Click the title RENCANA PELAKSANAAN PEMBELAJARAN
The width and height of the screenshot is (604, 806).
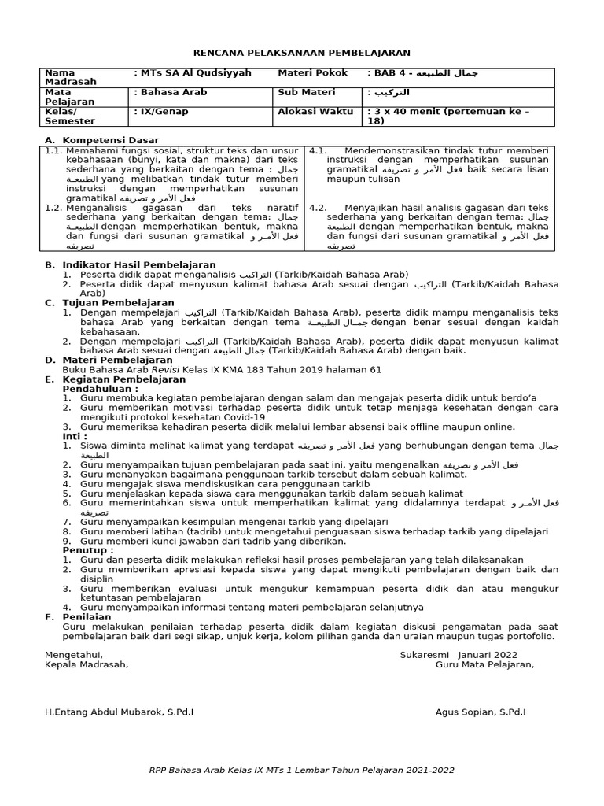pos(302,53)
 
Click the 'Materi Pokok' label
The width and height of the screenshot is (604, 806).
pos(312,72)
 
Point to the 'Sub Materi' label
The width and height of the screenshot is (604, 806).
pos(307,92)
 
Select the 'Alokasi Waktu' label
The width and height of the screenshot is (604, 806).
pos(315,112)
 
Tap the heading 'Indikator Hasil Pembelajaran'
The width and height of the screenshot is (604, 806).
pos(138,264)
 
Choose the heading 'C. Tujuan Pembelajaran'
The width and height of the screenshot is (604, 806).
pos(109,302)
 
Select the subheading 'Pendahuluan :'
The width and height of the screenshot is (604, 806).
pos(100,388)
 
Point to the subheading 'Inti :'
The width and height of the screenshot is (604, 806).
pos(75,435)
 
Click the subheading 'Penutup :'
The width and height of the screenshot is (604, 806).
pos(88,549)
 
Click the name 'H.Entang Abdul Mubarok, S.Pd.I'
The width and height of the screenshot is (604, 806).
pos(119,712)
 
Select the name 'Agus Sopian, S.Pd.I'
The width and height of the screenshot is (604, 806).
pos(481,712)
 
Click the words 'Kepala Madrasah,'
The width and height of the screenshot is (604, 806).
pos(87,664)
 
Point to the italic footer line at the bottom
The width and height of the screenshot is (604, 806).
pos(301,770)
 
